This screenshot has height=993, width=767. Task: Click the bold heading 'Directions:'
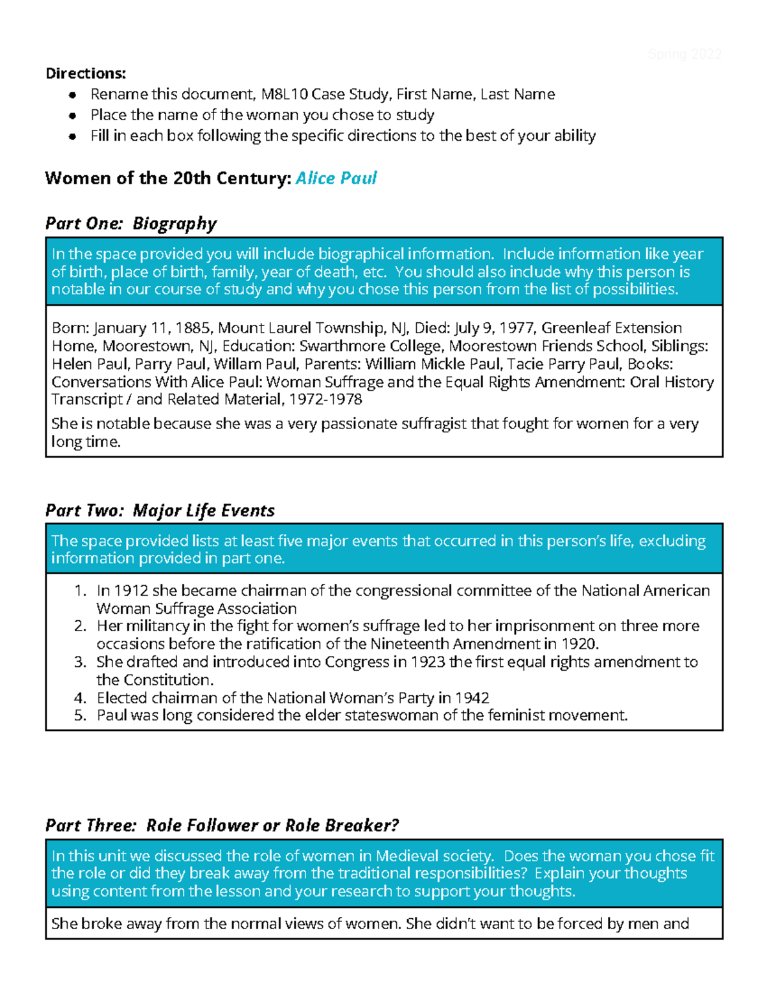click(86, 74)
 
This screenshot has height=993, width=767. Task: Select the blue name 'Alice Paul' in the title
click(336, 178)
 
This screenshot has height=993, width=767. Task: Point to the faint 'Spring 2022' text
click(685, 54)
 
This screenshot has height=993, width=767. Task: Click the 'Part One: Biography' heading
click(131, 223)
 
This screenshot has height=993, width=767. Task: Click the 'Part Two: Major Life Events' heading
click(160, 510)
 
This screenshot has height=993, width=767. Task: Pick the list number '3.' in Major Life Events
click(80, 662)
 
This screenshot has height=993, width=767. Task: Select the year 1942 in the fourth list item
click(472, 698)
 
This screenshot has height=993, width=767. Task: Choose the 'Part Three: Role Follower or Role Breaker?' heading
click(222, 825)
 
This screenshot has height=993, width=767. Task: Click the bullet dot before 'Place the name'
click(74, 116)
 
